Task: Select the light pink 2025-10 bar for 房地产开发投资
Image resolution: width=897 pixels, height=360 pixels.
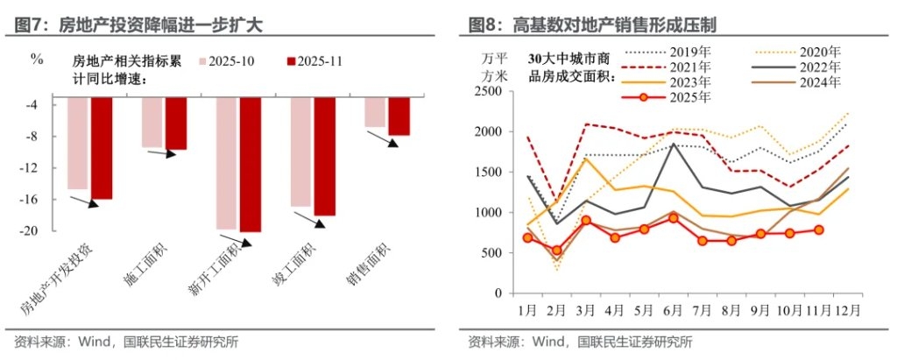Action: (x=78, y=144)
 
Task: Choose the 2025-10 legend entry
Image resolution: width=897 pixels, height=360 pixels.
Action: (x=230, y=61)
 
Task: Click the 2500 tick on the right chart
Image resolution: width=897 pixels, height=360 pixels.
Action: (x=488, y=92)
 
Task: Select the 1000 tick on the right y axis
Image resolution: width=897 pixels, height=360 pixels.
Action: (x=488, y=213)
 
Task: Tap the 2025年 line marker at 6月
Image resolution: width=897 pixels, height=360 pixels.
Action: (x=673, y=217)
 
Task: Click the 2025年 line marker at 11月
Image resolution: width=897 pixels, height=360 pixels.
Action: (x=819, y=230)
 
